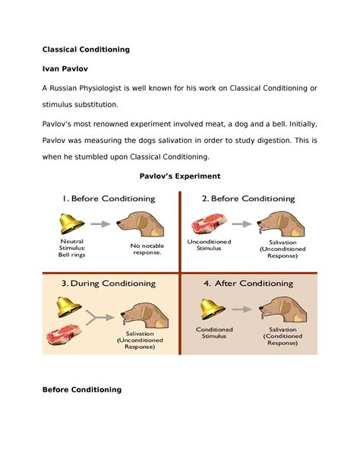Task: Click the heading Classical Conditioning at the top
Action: pyautogui.click(x=86, y=49)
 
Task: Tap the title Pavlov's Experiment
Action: pyautogui.click(x=180, y=176)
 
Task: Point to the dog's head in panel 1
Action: pyautogui.click(x=138, y=223)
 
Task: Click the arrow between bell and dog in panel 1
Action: pyautogui.click(x=100, y=224)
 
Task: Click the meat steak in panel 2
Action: pyautogui.click(x=208, y=224)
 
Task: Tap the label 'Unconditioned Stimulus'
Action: pyautogui.click(x=208, y=245)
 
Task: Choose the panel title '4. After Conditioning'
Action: pyautogui.click(x=247, y=284)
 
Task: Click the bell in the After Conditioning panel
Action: pyautogui.click(x=211, y=309)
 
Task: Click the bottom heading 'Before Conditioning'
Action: pyautogui.click(x=81, y=390)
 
